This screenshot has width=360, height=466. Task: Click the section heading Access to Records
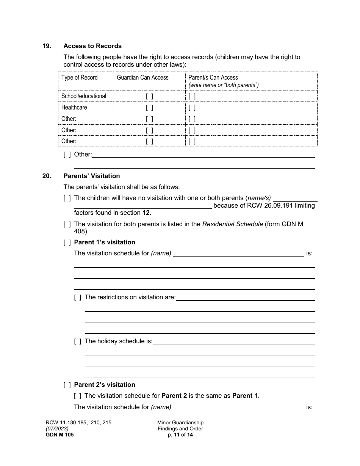tap(92, 46)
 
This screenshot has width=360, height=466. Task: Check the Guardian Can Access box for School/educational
tap(149, 96)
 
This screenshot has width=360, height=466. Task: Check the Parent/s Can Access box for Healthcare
tap(192, 108)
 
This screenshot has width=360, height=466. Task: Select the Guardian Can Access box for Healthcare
tap(149, 108)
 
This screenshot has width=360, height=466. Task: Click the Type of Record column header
tap(80, 77)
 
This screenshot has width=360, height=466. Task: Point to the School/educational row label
tap(84, 96)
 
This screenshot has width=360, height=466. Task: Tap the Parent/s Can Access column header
tap(213, 77)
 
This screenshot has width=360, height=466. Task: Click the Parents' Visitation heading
tap(91, 176)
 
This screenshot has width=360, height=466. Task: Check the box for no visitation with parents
tap(67, 198)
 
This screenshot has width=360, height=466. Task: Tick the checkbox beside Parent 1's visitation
tap(67, 242)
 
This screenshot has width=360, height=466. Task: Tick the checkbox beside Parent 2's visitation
tap(67, 385)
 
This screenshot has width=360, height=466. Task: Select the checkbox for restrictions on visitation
tap(78, 297)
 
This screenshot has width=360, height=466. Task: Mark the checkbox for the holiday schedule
tap(78, 341)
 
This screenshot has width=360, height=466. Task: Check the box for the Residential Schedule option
tap(67, 224)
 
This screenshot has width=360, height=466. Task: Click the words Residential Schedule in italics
tap(232, 224)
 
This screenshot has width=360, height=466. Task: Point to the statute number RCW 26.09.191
tap(279, 205)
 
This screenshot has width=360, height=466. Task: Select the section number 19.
tap(47, 46)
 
